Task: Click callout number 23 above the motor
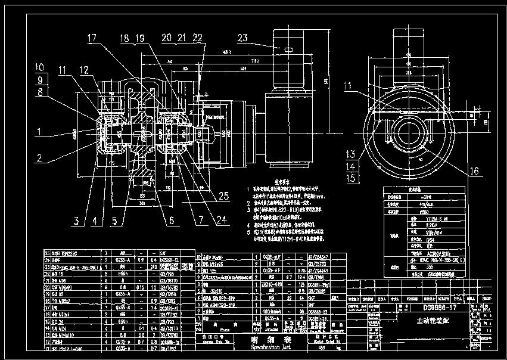[x=242, y=38]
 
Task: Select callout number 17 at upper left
[x=91, y=38]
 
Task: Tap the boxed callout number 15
[x=351, y=178]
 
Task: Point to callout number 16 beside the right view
[x=474, y=172]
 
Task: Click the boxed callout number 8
[x=40, y=91]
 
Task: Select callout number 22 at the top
[x=197, y=38]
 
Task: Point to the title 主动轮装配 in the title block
[x=433, y=321]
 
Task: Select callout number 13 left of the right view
[x=351, y=154]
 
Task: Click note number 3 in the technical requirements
[x=248, y=209]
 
